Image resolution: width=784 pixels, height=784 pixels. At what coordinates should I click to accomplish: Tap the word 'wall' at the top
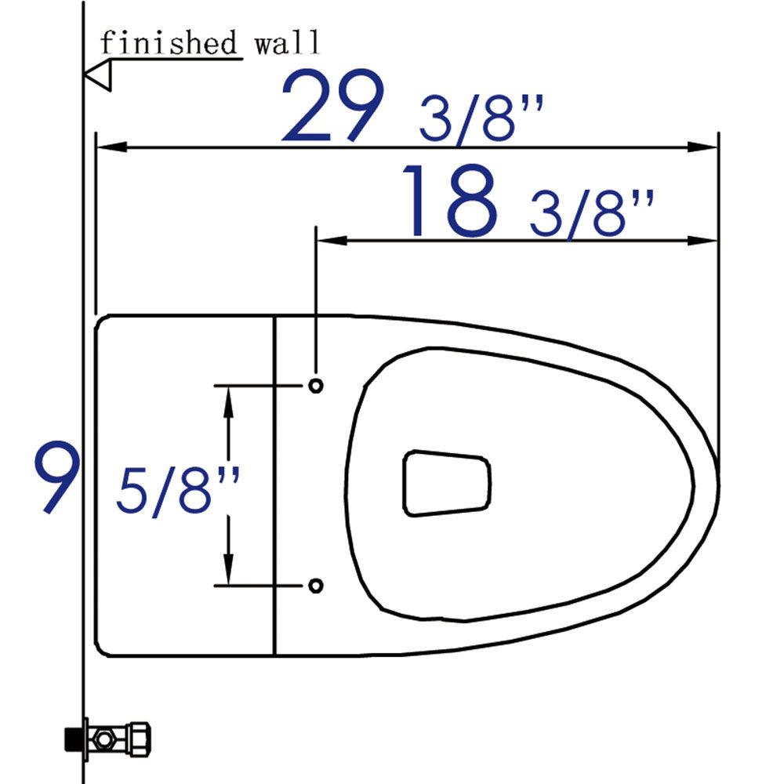coord(287,42)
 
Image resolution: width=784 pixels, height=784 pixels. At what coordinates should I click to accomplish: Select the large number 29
coord(332,106)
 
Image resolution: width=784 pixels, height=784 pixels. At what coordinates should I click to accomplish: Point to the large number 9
coord(56,479)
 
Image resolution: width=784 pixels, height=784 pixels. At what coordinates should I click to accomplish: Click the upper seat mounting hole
coord(315,386)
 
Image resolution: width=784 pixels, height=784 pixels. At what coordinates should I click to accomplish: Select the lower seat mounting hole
coord(315,585)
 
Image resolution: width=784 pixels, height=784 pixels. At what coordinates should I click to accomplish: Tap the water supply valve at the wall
coord(110,738)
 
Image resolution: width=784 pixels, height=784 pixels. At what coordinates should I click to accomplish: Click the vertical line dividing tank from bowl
coord(275,486)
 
